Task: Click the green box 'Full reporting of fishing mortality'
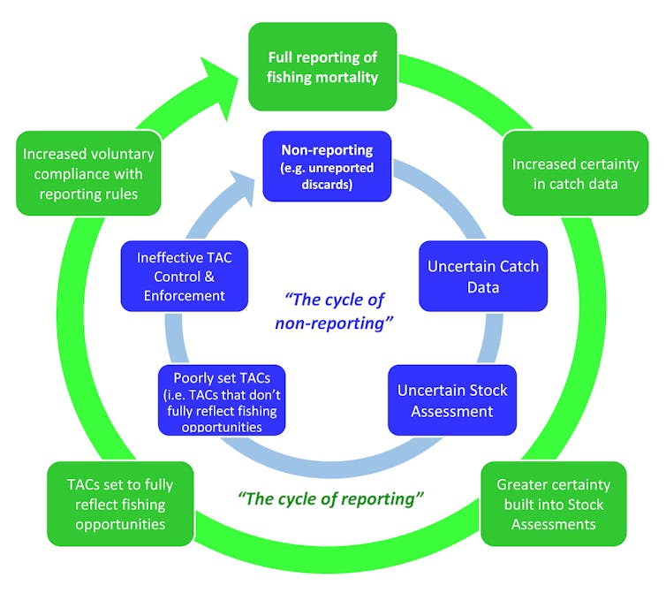(322, 67)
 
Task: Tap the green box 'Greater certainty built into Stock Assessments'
(554, 504)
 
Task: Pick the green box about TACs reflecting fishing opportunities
(119, 504)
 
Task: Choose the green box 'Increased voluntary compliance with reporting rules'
(88, 174)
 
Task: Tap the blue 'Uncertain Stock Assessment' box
(452, 399)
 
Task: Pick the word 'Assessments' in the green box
(554, 524)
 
